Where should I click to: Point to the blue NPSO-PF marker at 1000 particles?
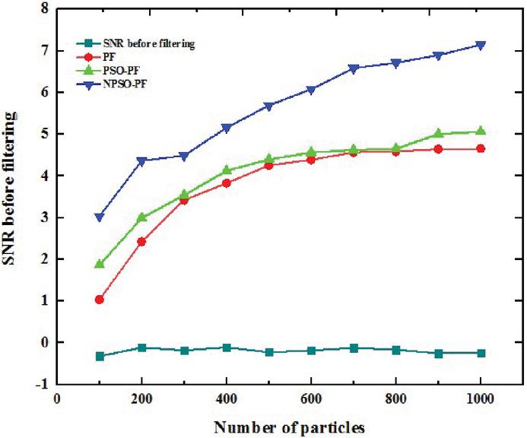[481, 45]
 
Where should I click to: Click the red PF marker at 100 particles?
[100, 300]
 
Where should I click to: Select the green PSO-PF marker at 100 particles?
[100, 264]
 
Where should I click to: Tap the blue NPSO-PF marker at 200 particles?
[141, 161]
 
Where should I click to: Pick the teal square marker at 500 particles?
[268, 352]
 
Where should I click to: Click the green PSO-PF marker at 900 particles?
[438, 133]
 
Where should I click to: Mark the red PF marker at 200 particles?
[141, 242]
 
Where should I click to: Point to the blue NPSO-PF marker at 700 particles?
[354, 68]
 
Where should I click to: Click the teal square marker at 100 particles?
[100, 356]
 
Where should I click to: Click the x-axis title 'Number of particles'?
[290, 427]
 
